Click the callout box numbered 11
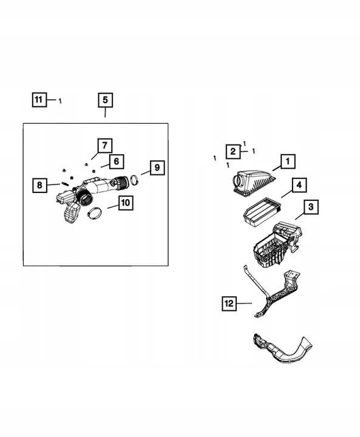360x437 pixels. click(39, 100)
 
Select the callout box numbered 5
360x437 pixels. click(104, 100)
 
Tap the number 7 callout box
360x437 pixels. click(104, 145)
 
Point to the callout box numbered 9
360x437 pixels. click(156, 167)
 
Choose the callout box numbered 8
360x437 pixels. click(39, 185)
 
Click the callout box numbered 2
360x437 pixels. click(232, 151)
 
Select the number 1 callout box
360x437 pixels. click(287, 161)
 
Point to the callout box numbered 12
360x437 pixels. click(229, 302)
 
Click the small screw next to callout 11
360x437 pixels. click(60, 101)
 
